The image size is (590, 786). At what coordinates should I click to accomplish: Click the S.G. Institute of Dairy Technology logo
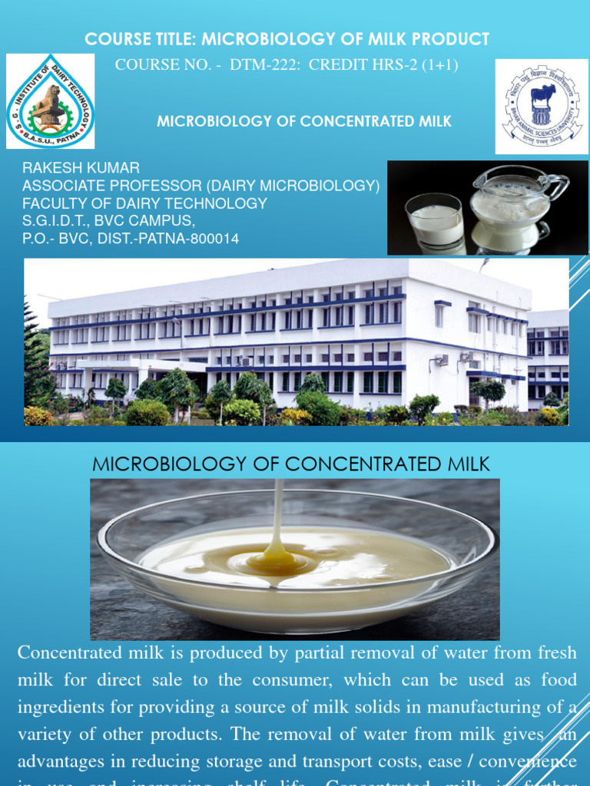(51, 101)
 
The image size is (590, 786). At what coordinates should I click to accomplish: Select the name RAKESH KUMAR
(81, 168)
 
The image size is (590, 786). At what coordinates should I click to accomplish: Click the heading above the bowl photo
(290, 464)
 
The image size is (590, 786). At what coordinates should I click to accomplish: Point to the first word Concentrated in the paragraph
(70, 653)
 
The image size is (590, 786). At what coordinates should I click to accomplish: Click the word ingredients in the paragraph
(61, 706)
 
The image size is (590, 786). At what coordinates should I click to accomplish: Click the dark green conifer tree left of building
(36, 357)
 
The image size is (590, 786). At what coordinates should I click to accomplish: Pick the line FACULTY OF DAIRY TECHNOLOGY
(144, 203)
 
